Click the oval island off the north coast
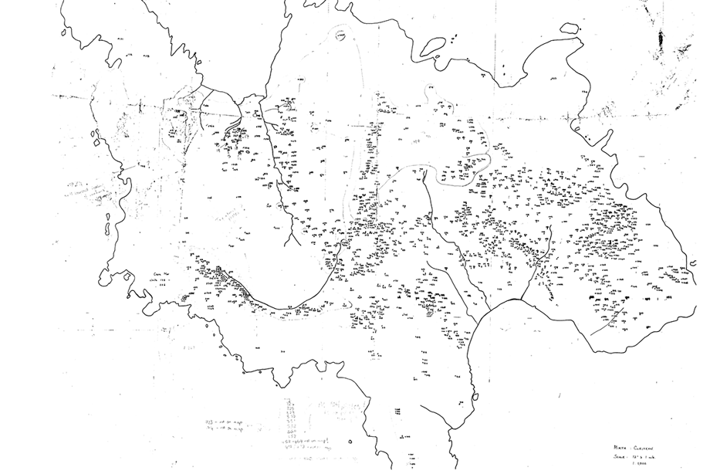click(x=572, y=29)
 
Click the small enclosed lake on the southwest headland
click(x=185, y=297)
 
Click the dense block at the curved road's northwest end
click(x=220, y=272)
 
